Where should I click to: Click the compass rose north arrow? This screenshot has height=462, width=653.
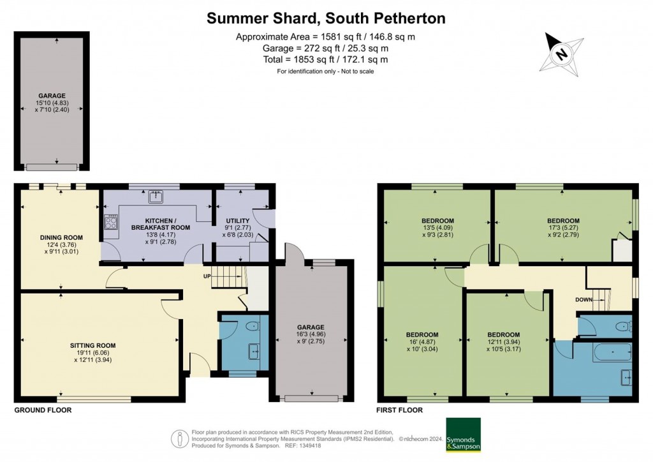click(562, 54)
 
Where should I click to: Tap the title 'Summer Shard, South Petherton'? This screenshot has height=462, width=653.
click(326, 18)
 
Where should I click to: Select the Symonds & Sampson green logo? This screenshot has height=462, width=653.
click(463, 435)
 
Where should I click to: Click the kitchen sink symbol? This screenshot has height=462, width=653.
click(155, 197)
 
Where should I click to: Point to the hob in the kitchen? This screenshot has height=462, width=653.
click(111, 221)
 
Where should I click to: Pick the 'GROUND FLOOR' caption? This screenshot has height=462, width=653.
click(43, 410)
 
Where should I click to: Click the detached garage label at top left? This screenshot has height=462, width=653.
click(52, 94)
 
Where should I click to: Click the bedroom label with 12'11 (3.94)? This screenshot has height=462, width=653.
click(504, 335)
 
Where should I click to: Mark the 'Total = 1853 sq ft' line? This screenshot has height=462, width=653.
click(325, 59)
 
